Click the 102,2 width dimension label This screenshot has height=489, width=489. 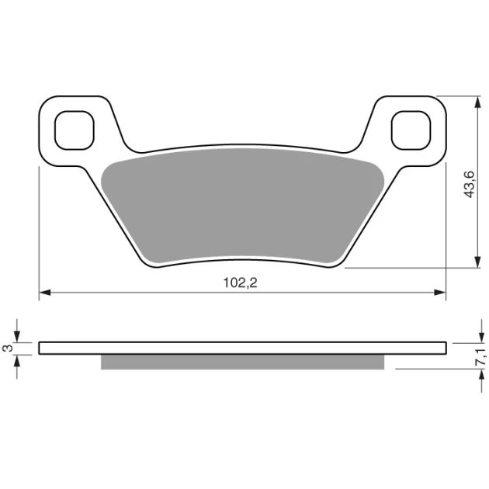coord(240,283)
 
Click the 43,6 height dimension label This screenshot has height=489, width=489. coord(470,184)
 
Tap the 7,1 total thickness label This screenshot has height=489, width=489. coord(480,357)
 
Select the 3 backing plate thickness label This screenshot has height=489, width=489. coord(9,348)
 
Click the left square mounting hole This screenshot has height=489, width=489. coord(75,130)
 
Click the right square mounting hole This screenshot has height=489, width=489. coord(411,130)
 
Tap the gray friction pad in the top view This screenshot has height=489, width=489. coord(243,206)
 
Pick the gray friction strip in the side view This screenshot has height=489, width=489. coord(243,362)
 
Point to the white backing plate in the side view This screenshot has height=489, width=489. coord(243,348)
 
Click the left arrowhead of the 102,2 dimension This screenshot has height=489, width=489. coord(45,293)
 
